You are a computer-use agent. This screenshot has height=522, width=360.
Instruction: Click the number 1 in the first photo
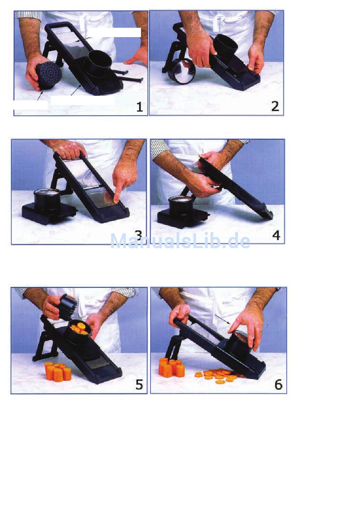(139, 107)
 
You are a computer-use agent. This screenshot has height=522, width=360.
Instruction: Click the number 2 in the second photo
(275, 106)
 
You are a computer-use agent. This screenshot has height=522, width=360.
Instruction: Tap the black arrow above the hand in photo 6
(222, 319)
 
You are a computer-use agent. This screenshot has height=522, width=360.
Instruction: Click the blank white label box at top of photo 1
(114, 33)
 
